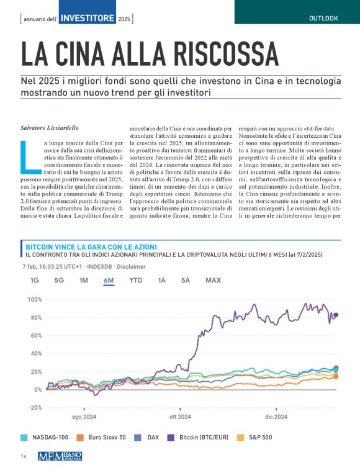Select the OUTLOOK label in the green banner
click(323, 18)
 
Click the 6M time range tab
click(109, 281)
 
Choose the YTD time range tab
click(135, 281)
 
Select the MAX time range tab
click(213, 281)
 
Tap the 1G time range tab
click(35, 281)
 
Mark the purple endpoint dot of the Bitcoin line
click(336, 315)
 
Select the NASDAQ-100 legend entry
click(47, 438)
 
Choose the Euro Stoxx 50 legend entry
click(102, 438)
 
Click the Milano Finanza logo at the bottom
click(60, 456)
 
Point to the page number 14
click(23, 456)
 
